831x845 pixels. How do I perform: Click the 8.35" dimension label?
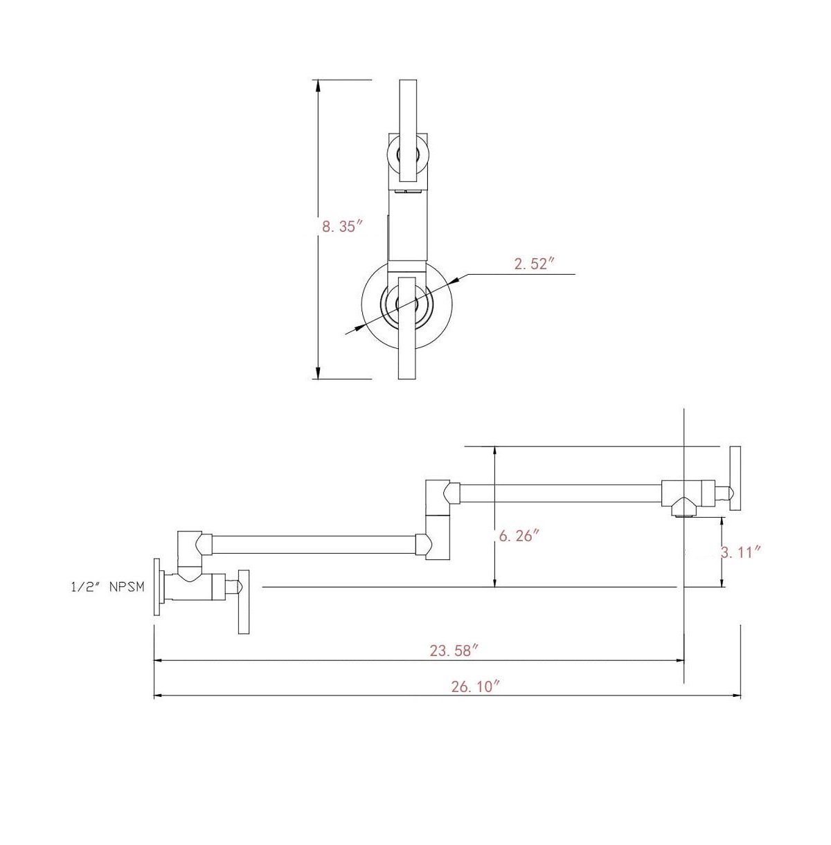(x=342, y=227)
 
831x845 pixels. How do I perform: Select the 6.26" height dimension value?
(x=519, y=536)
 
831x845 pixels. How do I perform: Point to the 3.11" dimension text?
(x=740, y=552)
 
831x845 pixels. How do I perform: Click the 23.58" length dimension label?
(x=454, y=651)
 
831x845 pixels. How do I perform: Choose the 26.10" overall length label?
(x=476, y=687)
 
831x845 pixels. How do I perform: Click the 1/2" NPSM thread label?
(x=107, y=587)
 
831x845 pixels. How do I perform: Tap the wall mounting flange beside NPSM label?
(x=157, y=587)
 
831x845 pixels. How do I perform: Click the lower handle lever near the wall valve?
(x=244, y=601)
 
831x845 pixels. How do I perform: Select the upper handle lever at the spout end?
(x=735, y=478)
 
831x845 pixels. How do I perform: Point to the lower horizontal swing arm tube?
(x=314, y=544)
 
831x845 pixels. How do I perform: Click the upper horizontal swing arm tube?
(x=561, y=493)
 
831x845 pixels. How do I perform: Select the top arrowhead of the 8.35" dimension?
(x=319, y=86)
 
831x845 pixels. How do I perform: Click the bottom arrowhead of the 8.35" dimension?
(x=319, y=373)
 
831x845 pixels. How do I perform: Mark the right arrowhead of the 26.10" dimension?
(x=735, y=696)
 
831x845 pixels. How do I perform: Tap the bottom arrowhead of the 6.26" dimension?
(x=494, y=581)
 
